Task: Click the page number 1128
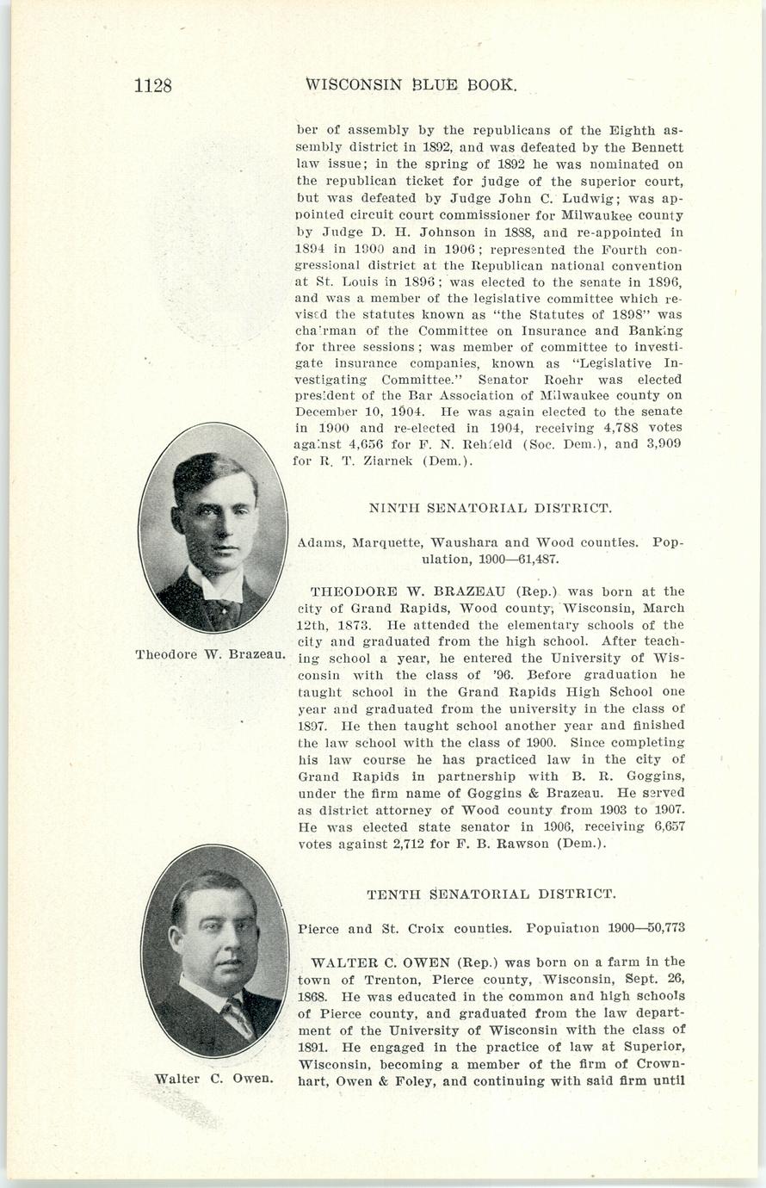click(153, 85)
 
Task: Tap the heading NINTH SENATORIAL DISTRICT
click(491, 508)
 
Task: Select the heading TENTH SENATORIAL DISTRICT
click(491, 894)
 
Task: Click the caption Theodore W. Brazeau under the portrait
click(210, 654)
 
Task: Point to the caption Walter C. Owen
click(213, 1079)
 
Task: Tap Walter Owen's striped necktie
click(237, 1017)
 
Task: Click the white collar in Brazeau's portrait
click(217, 585)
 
